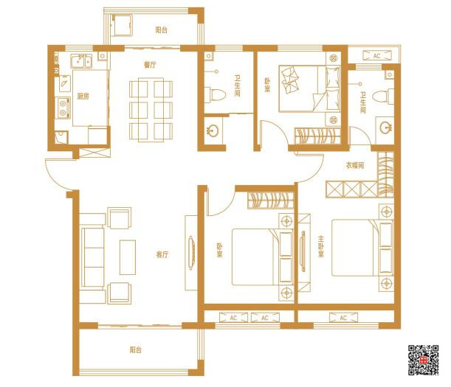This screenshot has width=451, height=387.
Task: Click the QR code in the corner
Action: [x=424, y=360]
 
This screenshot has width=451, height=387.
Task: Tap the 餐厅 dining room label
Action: [x=150, y=65]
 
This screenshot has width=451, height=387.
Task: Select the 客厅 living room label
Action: [x=162, y=254]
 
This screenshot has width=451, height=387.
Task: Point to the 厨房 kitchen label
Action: [x=83, y=97]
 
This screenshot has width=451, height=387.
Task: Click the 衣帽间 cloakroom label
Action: [x=354, y=165]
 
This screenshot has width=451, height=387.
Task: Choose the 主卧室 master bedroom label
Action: [x=321, y=246]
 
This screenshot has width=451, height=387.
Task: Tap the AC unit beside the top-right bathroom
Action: [x=376, y=56]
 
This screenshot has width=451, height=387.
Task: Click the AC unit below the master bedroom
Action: [x=343, y=318]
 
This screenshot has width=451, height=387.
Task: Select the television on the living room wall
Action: [x=191, y=253]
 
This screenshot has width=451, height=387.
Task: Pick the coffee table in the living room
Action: [x=128, y=257]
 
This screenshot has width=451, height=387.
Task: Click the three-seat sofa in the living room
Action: [x=92, y=257]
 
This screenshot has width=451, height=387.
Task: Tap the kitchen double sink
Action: [x=81, y=61]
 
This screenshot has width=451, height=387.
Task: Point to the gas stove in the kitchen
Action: [x=63, y=108]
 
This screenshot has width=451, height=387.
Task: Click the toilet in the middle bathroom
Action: [x=217, y=95]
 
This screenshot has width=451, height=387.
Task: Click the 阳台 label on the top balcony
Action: [x=162, y=30]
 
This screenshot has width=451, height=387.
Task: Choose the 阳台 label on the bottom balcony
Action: [x=136, y=350]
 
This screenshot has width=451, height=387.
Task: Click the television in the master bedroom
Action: [x=303, y=251]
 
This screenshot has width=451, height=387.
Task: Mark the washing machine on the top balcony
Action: [x=122, y=25]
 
